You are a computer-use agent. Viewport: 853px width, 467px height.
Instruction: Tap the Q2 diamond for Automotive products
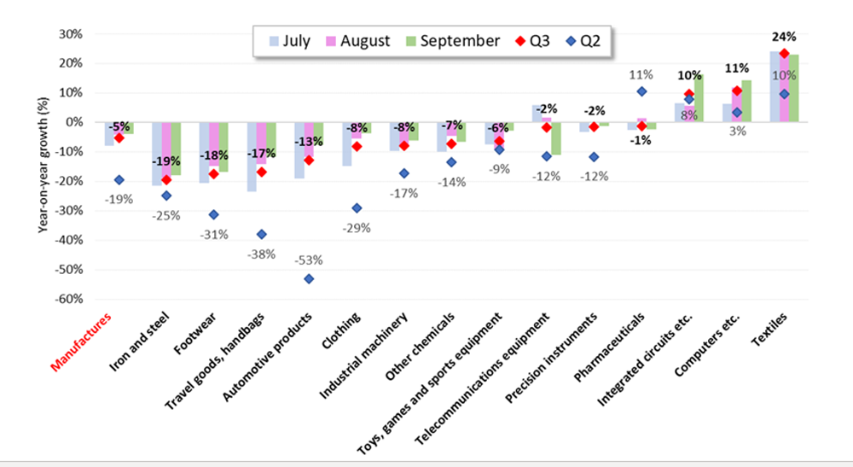point(309,278)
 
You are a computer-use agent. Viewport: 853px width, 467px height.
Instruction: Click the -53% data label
point(309,260)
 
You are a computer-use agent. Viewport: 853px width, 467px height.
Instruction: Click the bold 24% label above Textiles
point(784,37)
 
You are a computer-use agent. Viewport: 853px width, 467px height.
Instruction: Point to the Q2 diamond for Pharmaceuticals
point(641,91)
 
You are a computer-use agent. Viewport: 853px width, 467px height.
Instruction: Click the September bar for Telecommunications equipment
point(555,138)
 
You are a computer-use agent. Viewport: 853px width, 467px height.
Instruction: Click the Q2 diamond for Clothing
point(357,207)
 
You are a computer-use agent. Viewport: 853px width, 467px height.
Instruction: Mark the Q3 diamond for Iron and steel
point(166,179)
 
